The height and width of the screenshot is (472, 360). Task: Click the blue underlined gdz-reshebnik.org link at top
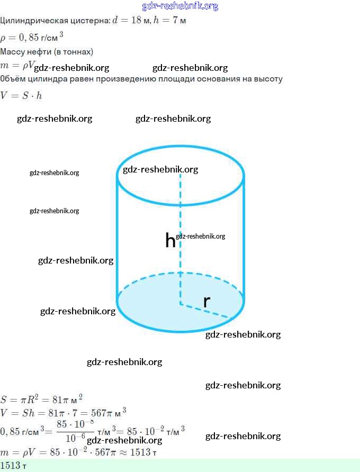click(180, 6)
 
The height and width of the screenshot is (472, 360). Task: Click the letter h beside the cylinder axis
click(170, 241)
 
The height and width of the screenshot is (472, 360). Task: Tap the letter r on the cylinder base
click(206, 302)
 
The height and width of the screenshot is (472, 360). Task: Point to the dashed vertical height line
click(180, 212)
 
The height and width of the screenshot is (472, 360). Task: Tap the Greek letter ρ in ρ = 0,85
click(3, 38)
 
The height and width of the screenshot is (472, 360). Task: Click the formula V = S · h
click(21, 96)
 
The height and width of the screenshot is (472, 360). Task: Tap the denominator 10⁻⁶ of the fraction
click(75, 438)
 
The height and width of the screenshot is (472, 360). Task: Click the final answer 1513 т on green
click(13, 466)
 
